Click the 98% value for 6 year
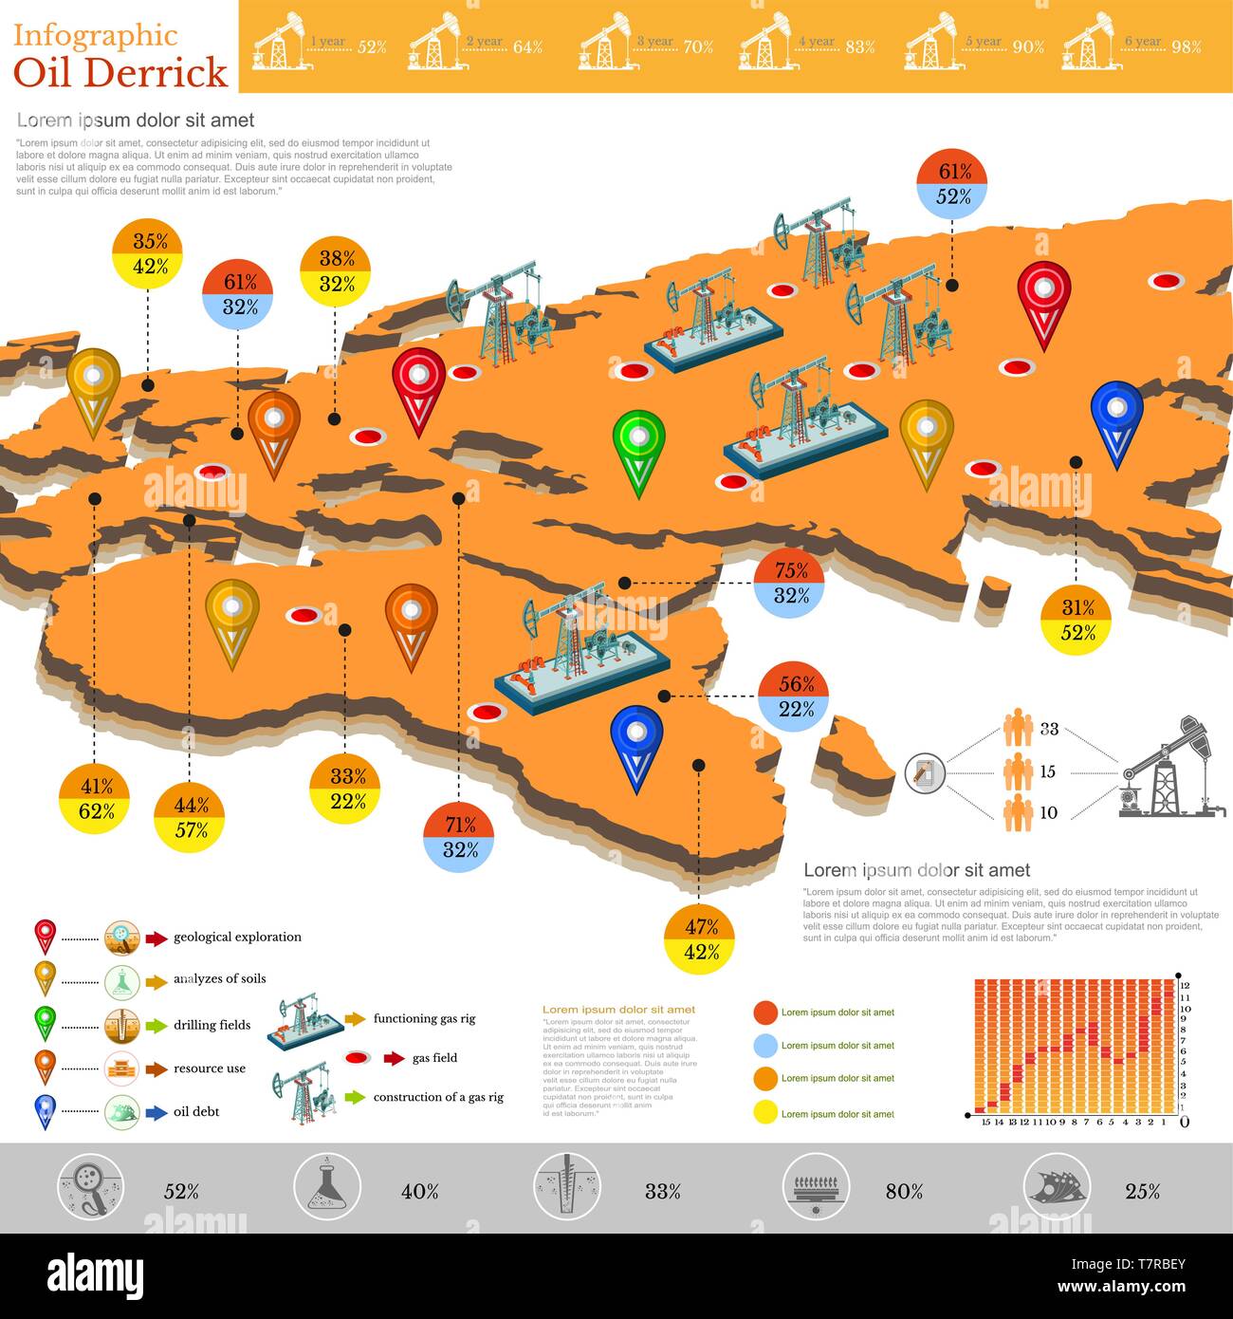(1186, 46)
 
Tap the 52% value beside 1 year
(372, 46)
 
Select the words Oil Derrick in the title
(120, 73)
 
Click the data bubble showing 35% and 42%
(147, 253)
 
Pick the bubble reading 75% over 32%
(790, 583)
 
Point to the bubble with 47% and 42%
(700, 939)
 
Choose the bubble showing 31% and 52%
(1077, 620)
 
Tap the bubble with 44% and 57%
(190, 817)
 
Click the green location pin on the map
(638, 450)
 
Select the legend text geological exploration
(237, 937)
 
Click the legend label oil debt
(196, 1111)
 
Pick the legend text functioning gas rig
(424, 1018)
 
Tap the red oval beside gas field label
(359, 1058)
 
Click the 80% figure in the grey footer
(904, 1191)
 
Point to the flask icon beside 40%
(326, 1187)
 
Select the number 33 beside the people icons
(1048, 729)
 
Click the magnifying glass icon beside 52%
(90, 1187)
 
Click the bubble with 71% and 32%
(459, 837)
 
